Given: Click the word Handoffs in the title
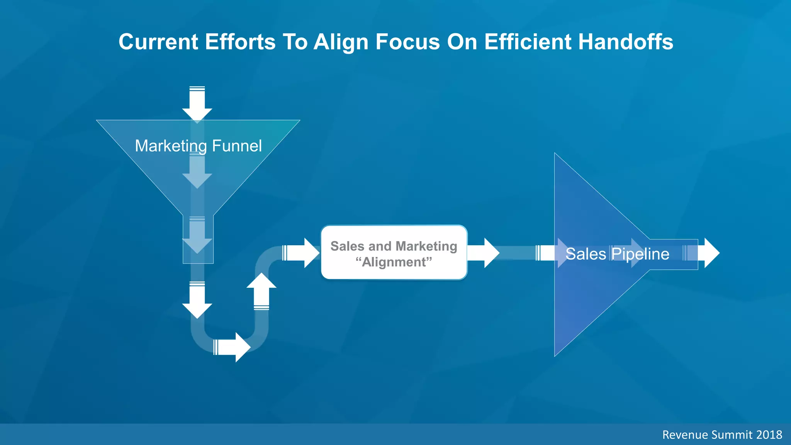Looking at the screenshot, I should tap(626, 42).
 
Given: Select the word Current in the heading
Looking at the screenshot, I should tap(158, 42).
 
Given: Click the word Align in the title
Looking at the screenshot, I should tap(341, 42).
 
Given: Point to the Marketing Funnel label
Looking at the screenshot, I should tap(198, 146).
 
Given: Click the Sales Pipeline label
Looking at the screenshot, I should tap(617, 254).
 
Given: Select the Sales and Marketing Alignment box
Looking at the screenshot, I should tap(394, 252).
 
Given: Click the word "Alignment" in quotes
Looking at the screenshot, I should tap(394, 262).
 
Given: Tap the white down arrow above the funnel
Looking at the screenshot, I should tap(197, 104).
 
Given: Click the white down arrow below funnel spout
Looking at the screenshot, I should tap(197, 300).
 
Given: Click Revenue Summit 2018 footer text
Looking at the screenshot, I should tap(722, 435).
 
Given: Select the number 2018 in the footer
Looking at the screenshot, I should tap(769, 435).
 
